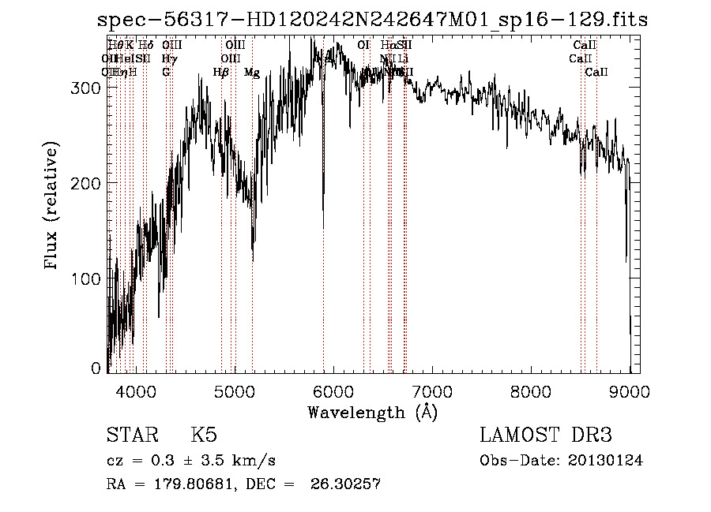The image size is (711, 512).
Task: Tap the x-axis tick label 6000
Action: click(333, 391)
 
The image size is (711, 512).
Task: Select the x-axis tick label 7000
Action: click(432, 391)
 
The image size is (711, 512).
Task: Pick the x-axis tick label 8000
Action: click(531, 391)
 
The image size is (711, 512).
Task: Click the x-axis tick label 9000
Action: click(630, 391)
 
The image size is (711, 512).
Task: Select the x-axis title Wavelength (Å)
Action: click(372, 412)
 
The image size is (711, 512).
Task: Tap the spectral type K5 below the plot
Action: click(204, 435)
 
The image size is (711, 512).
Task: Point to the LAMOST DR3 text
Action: click(545, 435)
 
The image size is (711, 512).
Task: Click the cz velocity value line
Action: click(190, 461)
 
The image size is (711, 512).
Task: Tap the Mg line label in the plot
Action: click(252, 73)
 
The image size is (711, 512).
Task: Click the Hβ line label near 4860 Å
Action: click(221, 73)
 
